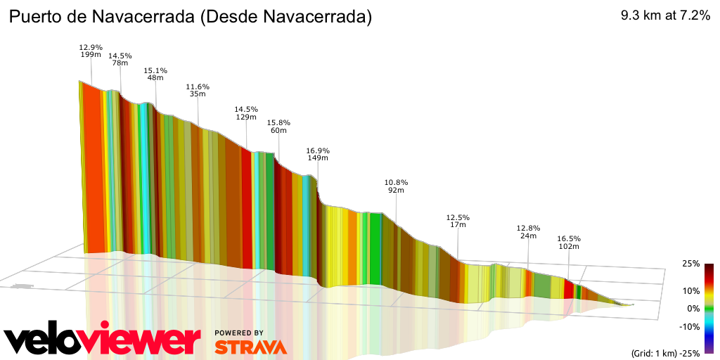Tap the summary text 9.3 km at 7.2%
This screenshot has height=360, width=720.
coord(664,16)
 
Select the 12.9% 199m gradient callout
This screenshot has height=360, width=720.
coord(91,51)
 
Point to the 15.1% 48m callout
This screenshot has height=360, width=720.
coord(155,74)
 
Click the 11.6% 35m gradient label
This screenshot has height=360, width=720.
coord(198,91)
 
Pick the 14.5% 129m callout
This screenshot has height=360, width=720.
coord(246,113)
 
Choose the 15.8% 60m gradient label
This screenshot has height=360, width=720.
coord(278,127)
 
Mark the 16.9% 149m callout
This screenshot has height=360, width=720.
coord(318,155)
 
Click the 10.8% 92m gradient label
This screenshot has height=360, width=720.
coord(396,186)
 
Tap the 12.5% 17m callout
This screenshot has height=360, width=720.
coord(458,221)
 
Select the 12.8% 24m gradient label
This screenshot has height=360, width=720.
coord(528,232)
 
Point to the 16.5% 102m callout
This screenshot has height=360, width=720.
coord(569,243)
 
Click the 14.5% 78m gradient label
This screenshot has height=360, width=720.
coord(120,59)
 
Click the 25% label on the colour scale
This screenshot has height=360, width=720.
coord(690,264)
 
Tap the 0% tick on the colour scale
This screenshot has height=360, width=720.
coord(693,309)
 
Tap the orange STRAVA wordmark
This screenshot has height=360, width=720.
coord(250,347)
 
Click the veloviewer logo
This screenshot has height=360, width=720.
coord(103,340)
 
